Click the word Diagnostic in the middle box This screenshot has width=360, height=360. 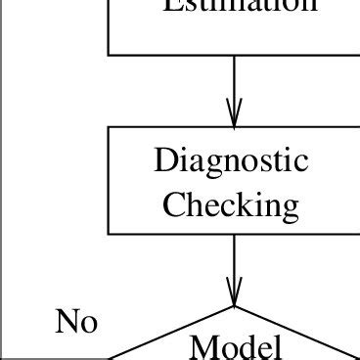coord(231,161)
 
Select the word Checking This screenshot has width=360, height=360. coord(231,204)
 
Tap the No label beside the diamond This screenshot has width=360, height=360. coord(76,322)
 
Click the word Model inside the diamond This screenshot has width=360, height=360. coord(236,346)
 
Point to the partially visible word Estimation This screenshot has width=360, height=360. coord(239,6)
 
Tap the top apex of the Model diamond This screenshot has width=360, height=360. coord(235,307)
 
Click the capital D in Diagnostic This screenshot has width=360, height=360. coord(166,160)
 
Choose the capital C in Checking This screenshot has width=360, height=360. coord(174,205)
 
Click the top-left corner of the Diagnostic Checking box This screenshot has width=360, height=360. coord(109,127)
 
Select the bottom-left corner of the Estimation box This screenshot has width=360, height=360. coord(109,55)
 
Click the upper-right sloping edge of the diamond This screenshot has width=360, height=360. coord(293,333)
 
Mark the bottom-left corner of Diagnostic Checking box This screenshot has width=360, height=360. coord(109,235)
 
